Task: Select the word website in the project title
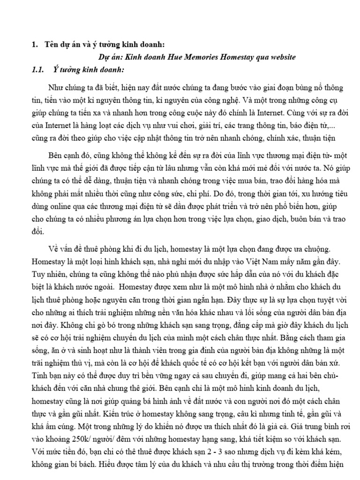pyautogui.click(x=280, y=57)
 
